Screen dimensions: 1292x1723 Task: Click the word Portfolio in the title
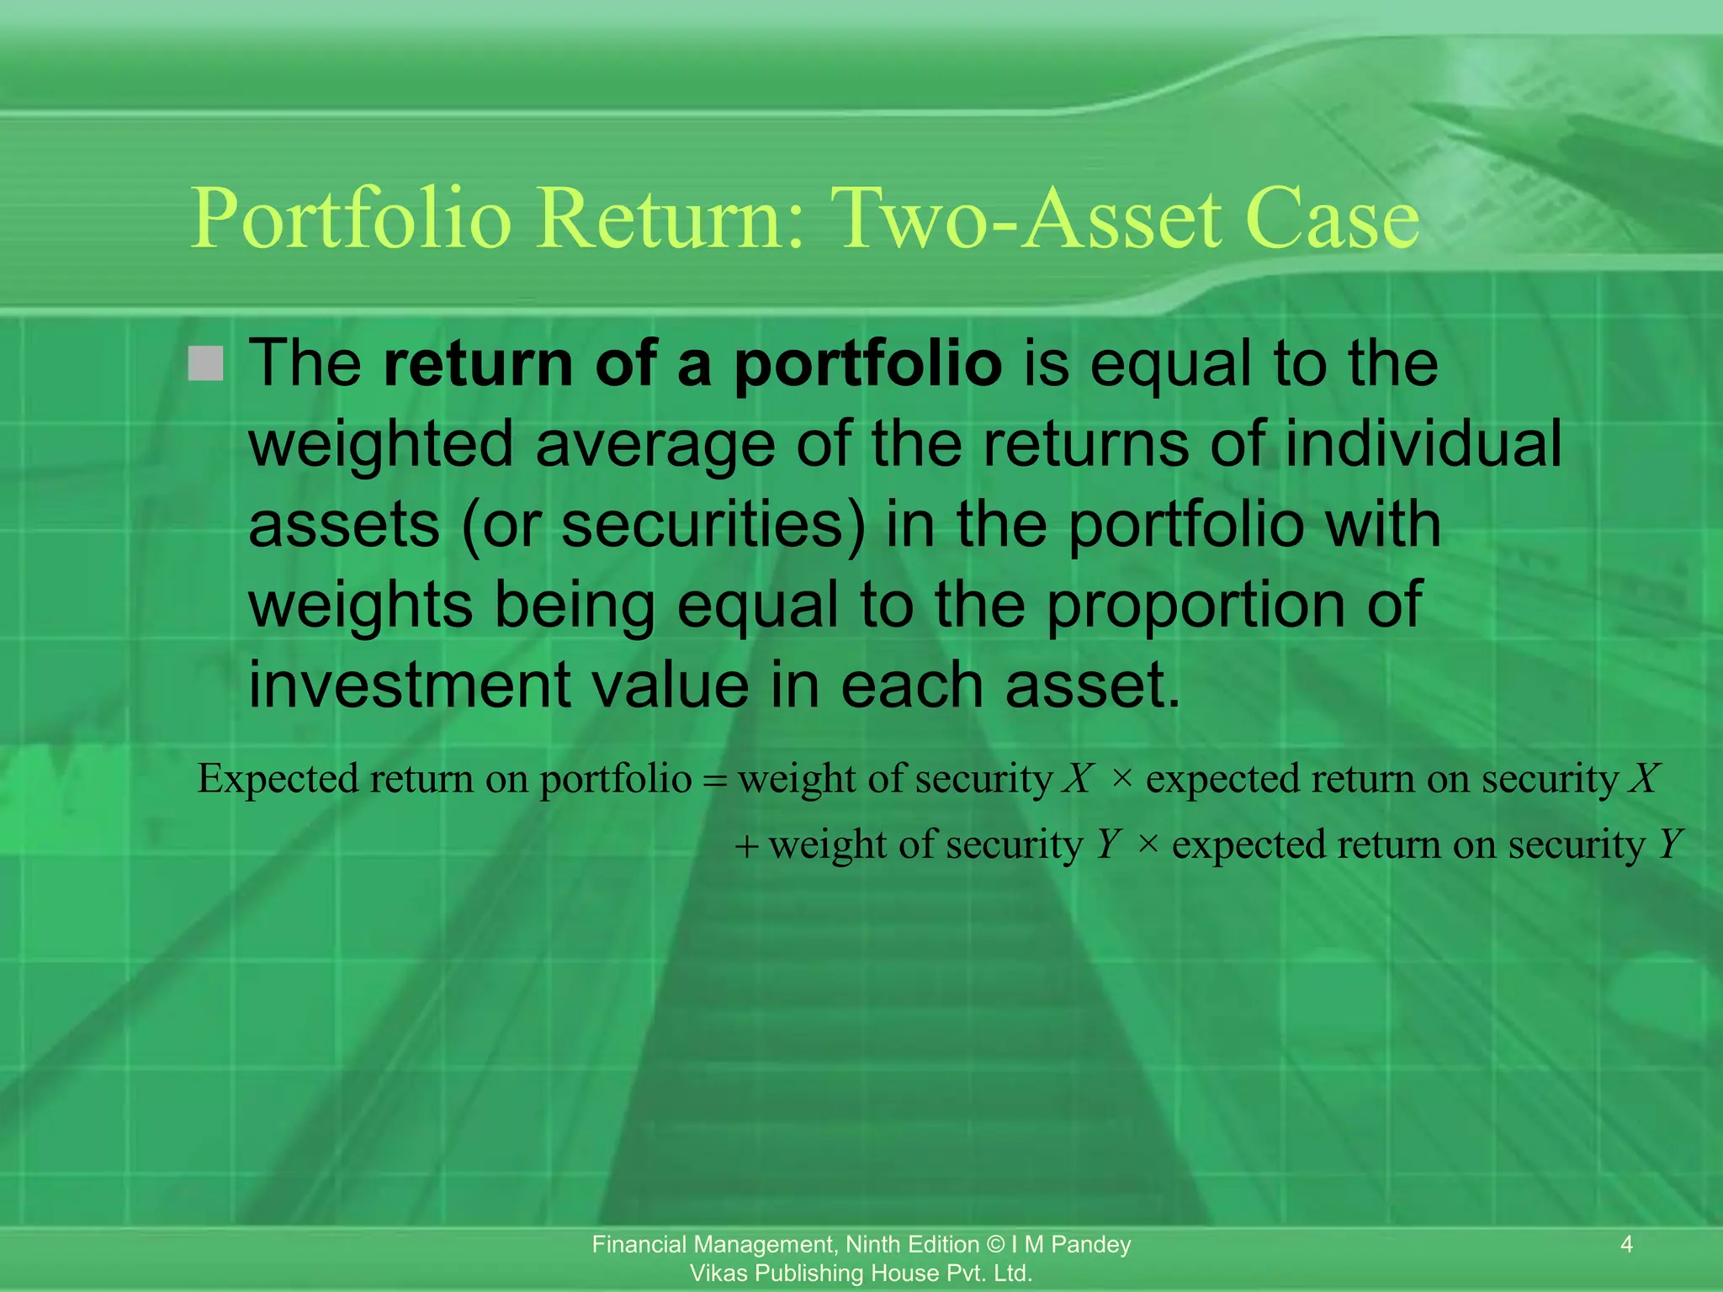tap(351, 220)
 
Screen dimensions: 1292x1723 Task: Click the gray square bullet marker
tap(206, 363)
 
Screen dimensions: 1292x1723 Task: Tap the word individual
tap(1423, 444)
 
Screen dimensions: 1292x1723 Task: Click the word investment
tap(409, 685)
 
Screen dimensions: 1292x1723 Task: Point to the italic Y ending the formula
tap(1670, 844)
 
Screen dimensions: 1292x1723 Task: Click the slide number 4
tap(1626, 1244)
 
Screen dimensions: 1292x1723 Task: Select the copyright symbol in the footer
tap(995, 1244)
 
